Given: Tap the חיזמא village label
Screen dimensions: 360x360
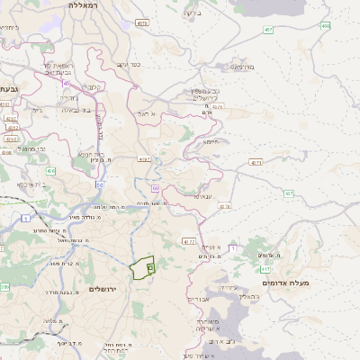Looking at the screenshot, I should click(x=211, y=141).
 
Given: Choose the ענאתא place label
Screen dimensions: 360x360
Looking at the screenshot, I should click(x=202, y=195).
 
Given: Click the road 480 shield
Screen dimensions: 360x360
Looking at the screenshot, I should click(x=325, y=26).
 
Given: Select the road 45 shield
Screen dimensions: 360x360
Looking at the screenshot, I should click(x=66, y=83).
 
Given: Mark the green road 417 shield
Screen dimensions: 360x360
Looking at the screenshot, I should click(x=265, y=268).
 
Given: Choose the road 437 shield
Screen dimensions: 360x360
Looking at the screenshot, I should click(x=289, y=193).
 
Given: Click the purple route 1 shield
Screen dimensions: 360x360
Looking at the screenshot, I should click(x=231, y=247).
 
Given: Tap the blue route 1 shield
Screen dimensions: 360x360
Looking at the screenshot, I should click(x=27, y=219).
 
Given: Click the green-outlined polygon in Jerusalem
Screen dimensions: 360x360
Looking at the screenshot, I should click(x=139, y=268).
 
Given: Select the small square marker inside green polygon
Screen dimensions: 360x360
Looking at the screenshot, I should click(x=150, y=267).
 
